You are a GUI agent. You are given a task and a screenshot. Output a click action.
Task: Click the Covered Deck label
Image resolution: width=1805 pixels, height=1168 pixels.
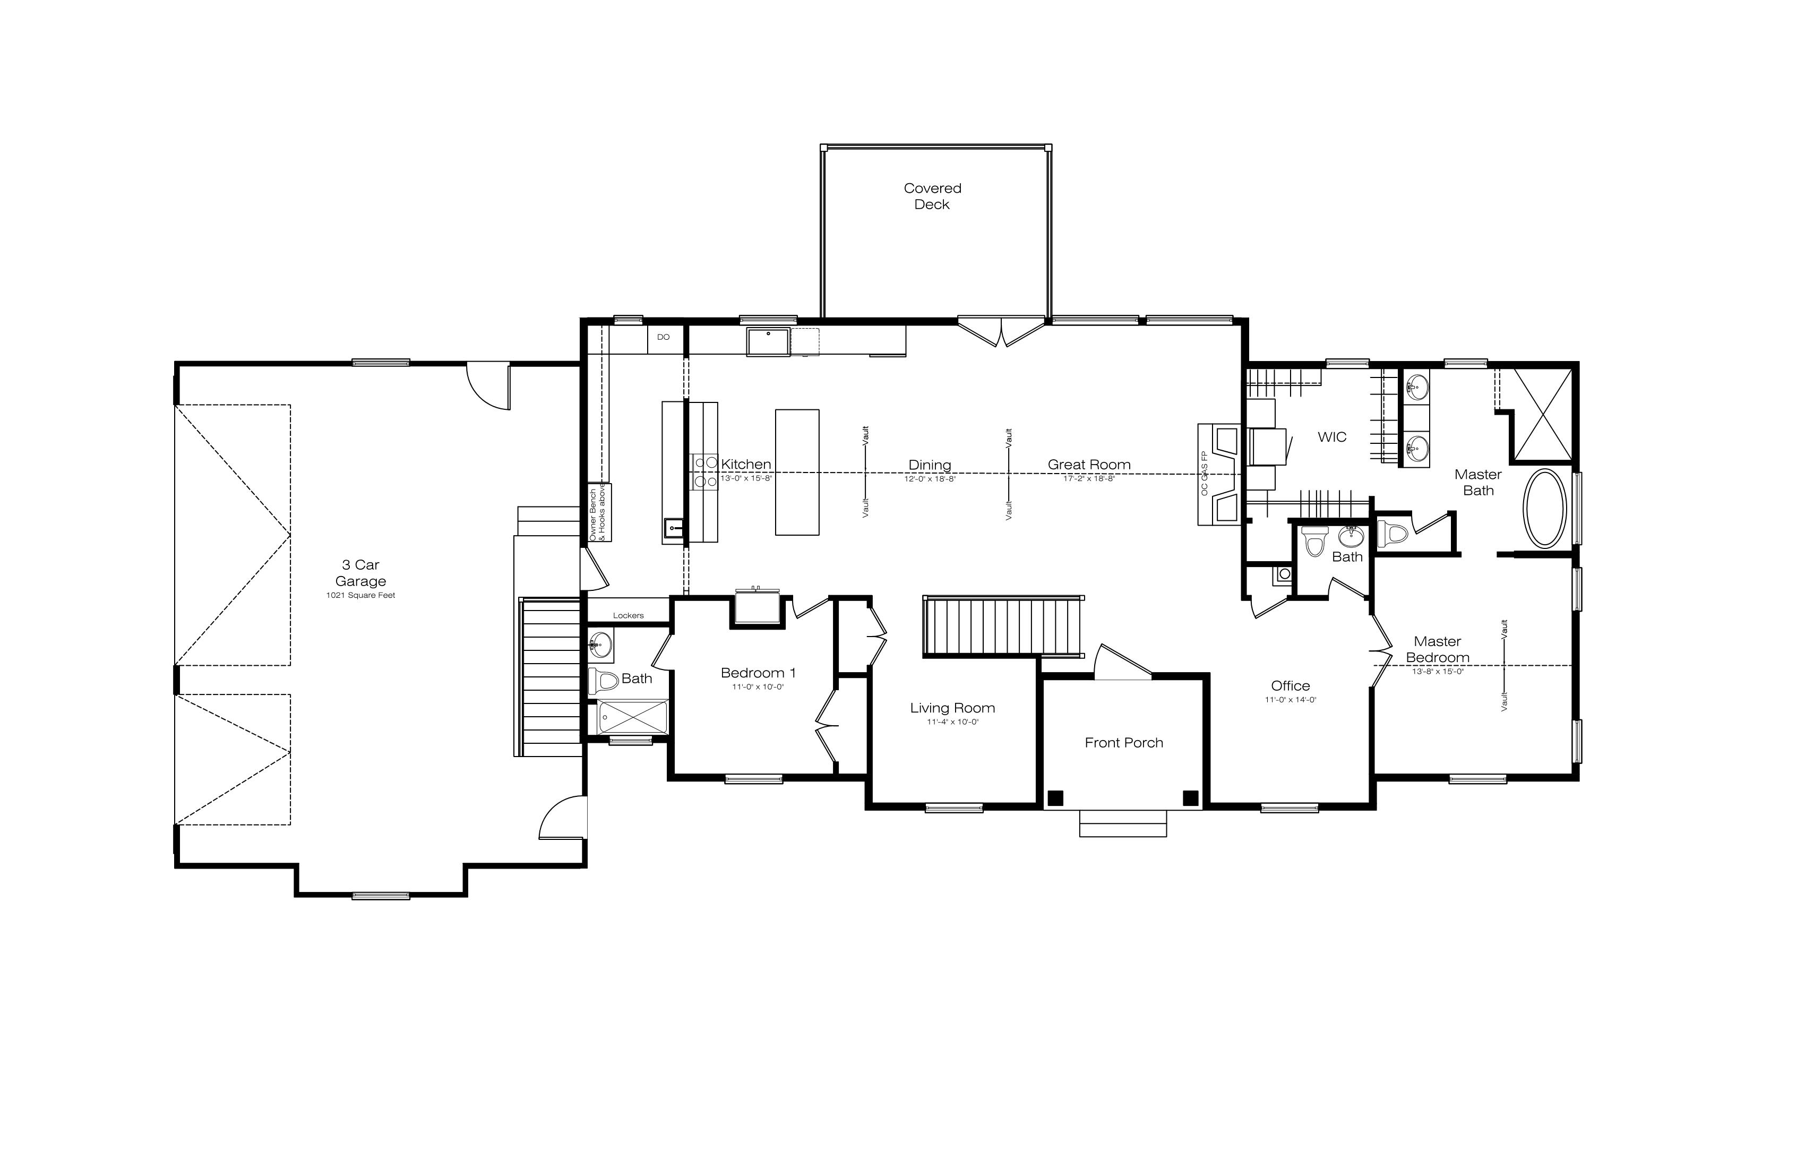(x=932, y=196)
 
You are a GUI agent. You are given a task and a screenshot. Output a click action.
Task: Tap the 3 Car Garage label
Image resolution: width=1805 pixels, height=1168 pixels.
(x=361, y=573)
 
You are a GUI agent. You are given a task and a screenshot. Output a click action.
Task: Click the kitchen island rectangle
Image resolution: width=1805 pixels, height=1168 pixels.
(x=797, y=473)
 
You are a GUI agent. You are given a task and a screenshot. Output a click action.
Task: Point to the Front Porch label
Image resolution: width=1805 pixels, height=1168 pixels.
(x=1124, y=743)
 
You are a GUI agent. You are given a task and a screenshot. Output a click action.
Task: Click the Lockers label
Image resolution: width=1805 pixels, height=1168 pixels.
(x=628, y=616)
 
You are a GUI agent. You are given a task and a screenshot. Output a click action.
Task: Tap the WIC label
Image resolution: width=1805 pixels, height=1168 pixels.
(x=1332, y=437)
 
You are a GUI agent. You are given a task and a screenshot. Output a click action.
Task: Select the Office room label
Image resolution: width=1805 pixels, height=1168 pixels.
(x=1290, y=685)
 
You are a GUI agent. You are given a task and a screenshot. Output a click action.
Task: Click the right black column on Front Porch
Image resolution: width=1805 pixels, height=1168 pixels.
(x=1191, y=798)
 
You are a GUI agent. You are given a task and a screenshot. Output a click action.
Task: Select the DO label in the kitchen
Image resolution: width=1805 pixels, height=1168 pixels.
(x=664, y=337)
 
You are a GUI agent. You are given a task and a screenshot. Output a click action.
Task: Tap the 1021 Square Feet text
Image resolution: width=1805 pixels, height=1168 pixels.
(x=361, y=595)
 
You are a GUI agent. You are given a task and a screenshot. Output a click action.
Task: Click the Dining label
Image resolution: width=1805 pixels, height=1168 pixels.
(x=930, y=465)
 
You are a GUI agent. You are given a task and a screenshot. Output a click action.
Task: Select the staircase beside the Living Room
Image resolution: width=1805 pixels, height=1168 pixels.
(x=1003, y=626)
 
